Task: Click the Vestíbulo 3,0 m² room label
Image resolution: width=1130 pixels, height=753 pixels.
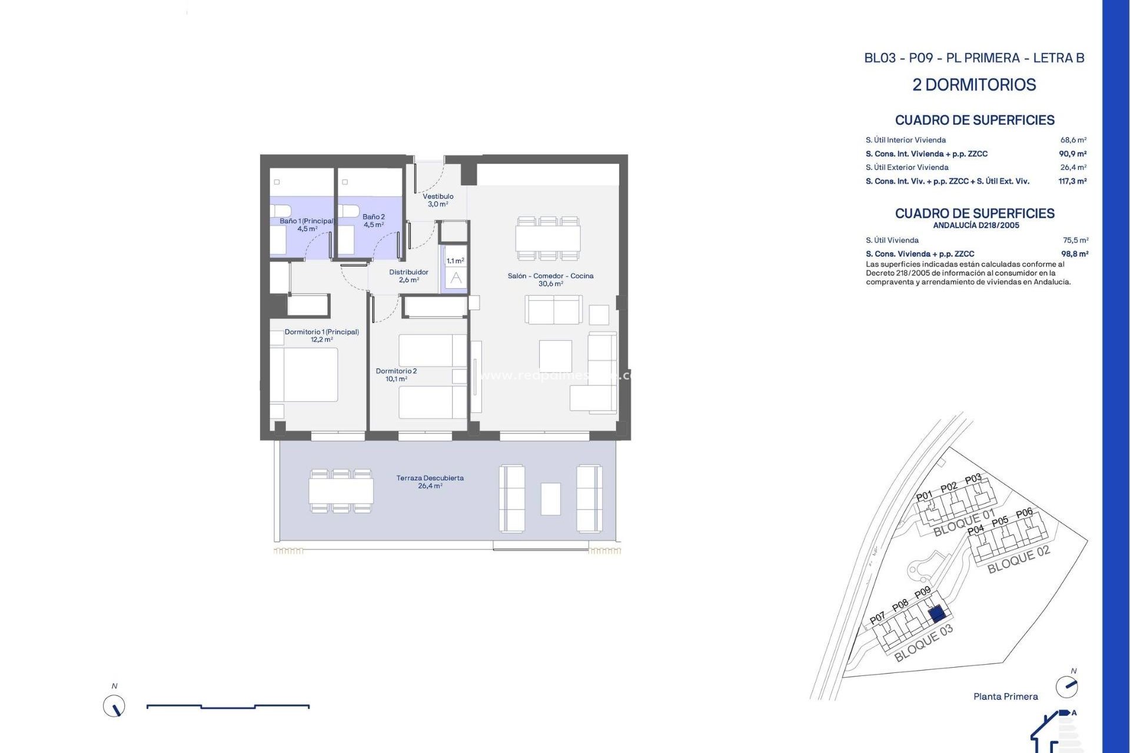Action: click(438, 200)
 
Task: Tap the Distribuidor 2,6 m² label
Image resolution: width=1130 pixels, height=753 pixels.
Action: click(408, 276)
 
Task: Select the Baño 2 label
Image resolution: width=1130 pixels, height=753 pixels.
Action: click(374, 221)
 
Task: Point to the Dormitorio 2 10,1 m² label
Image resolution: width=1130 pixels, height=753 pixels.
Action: click(396, 375)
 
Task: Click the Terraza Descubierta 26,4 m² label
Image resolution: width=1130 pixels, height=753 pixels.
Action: click(430, 482)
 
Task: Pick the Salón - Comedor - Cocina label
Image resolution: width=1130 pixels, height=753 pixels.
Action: click(550, 279)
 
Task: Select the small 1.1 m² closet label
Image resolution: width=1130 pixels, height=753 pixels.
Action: click(455, 261)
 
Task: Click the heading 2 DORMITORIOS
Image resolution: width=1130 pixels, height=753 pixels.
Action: click(974, 85)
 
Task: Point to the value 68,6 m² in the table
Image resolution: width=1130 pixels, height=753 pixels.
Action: click(1073, 140)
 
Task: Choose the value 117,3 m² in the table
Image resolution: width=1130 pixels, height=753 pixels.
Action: click(1072, 181)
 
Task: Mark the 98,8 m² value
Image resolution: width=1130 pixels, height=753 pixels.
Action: click(1074, 254)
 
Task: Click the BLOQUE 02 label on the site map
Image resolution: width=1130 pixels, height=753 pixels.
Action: click(1018, 559)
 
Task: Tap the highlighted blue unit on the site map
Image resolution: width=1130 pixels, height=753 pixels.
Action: click(937, 615)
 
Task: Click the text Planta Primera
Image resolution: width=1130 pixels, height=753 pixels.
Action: click(1005, 697)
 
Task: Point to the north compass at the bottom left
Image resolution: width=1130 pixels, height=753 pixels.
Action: click(114, 705)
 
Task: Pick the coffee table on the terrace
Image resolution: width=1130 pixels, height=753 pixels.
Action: click(551, 499)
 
